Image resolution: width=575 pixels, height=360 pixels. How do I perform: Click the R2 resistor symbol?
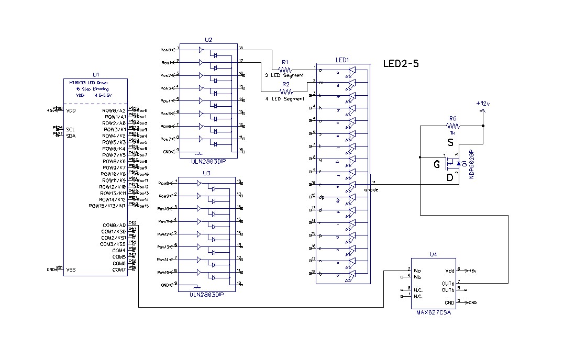285,91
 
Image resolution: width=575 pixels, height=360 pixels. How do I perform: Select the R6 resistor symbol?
453,126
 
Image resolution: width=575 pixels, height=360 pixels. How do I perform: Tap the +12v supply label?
483,104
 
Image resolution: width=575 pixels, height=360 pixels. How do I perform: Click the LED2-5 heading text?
401,63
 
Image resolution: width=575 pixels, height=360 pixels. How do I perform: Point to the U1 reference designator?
95,75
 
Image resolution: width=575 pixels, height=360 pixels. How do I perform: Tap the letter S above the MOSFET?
450,142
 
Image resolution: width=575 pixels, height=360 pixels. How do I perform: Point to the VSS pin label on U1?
71,269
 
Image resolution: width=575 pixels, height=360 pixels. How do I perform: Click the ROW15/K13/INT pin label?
107,206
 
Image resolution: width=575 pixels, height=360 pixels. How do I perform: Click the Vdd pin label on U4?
449,271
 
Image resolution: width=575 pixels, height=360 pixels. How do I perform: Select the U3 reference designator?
206,172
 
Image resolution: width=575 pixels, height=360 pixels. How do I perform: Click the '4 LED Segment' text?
284,98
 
